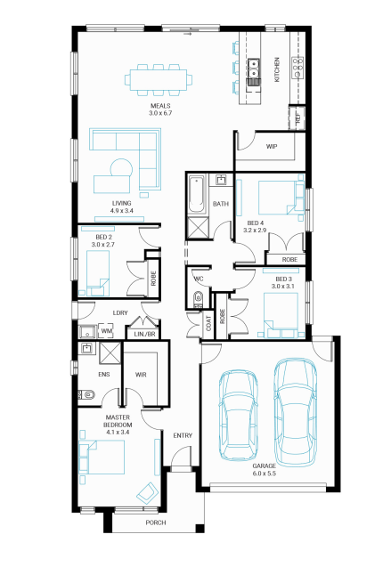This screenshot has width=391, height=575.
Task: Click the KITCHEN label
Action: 277,69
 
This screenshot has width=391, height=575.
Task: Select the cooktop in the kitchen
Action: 297,68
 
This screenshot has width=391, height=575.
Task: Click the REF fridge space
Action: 297,117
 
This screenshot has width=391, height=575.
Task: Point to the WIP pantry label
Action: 272,147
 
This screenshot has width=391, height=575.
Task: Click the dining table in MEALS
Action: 159,79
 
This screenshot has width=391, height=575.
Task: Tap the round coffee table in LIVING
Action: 121,169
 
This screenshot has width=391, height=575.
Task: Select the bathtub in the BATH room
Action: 196,194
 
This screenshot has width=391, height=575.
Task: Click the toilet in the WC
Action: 199,297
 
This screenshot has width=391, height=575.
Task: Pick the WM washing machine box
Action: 107,331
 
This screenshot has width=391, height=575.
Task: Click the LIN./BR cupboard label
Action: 145,335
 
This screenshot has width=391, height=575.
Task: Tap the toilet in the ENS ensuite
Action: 86,394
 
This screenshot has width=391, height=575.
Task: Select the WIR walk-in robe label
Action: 141,375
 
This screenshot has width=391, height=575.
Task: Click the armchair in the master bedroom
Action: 147,493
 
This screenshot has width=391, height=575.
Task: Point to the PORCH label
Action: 156,522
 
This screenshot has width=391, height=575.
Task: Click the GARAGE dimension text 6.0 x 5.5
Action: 265,474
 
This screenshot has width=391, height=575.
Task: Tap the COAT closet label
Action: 208,323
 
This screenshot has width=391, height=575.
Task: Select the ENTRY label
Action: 183,435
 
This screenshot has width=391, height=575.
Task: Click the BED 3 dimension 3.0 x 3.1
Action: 283,287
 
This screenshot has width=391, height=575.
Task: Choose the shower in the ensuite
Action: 110,353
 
